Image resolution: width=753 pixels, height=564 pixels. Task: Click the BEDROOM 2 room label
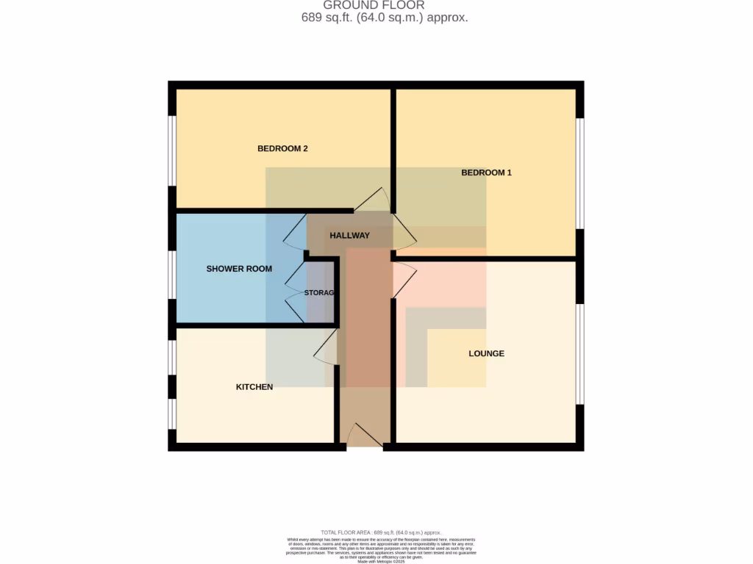[x=282, y=148]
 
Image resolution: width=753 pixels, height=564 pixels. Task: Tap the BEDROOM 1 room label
[x=486, y=173]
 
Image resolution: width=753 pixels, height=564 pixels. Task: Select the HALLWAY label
[x=349, y=236]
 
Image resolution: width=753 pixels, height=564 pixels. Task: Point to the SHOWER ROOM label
[x=239, y=269]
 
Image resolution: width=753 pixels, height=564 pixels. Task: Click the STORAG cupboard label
[x=320, y=292]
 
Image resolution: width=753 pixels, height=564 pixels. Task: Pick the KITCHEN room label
[x=254, y=387]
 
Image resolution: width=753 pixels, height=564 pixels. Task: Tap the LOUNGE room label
[x=487, y=353]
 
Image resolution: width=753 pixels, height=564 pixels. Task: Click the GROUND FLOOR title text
[x=374, y=5]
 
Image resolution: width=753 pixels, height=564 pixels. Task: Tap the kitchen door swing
[x=326, y=347]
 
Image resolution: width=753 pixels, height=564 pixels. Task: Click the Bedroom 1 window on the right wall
[x=579, y=173]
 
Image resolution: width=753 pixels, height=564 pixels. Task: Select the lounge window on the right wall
[x=579, y=354]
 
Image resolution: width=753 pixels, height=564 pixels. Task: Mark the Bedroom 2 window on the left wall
[x=172, y=151]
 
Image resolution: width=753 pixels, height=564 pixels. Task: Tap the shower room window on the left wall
[x=172, y=275]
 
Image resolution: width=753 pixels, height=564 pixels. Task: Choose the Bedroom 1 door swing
[x=404, y=232]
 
